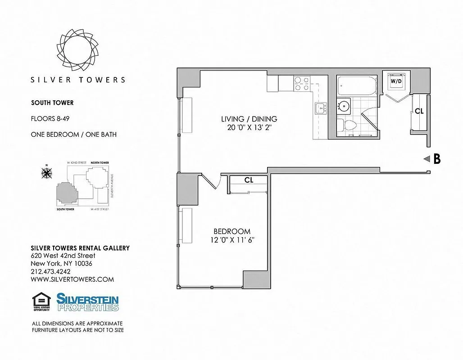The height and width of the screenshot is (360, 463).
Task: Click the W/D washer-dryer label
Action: click(x=396, y=81)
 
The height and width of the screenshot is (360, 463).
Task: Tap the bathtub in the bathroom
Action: click(x=356, y=85)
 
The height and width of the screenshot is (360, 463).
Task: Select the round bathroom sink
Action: click(x=344, y=106)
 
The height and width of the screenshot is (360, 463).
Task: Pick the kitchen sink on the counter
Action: click(x=320, y=108)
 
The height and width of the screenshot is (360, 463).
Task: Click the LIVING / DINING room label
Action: click(x=249, y=119)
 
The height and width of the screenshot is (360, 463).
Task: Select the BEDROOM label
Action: click(x=232, y=231)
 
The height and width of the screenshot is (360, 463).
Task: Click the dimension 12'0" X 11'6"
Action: click(x=232, y=240)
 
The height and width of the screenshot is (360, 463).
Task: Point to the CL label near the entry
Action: click(x=419, y=111)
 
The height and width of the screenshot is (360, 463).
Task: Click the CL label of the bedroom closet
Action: click(x=249, y=180)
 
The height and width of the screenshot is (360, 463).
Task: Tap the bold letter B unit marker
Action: click(x=436, y=159)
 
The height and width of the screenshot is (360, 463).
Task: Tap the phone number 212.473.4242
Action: click(x=50, y=271)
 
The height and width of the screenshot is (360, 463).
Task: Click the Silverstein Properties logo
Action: click(x=87, y=302)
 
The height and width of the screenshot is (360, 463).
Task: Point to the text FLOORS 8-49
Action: click(x=50, y=119)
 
